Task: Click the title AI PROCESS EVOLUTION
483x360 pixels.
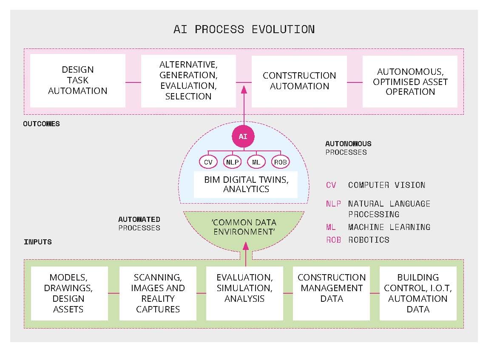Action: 244,29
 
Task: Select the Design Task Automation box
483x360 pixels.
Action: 77,80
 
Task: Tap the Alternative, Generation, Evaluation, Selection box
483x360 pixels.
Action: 188,80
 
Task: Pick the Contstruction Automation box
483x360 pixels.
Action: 299,80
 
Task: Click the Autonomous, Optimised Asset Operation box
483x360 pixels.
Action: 410,80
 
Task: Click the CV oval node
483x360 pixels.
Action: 208,162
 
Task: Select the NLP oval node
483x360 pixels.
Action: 232,162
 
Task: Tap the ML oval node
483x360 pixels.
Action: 256,162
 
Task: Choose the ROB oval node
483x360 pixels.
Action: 281,162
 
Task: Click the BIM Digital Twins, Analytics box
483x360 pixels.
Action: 246,184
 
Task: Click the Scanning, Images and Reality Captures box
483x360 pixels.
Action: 158,293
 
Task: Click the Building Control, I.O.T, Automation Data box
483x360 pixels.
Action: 418,293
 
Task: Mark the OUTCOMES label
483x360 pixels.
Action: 41,124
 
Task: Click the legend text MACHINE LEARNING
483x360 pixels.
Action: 389,227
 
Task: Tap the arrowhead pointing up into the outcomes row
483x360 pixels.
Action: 244,90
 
